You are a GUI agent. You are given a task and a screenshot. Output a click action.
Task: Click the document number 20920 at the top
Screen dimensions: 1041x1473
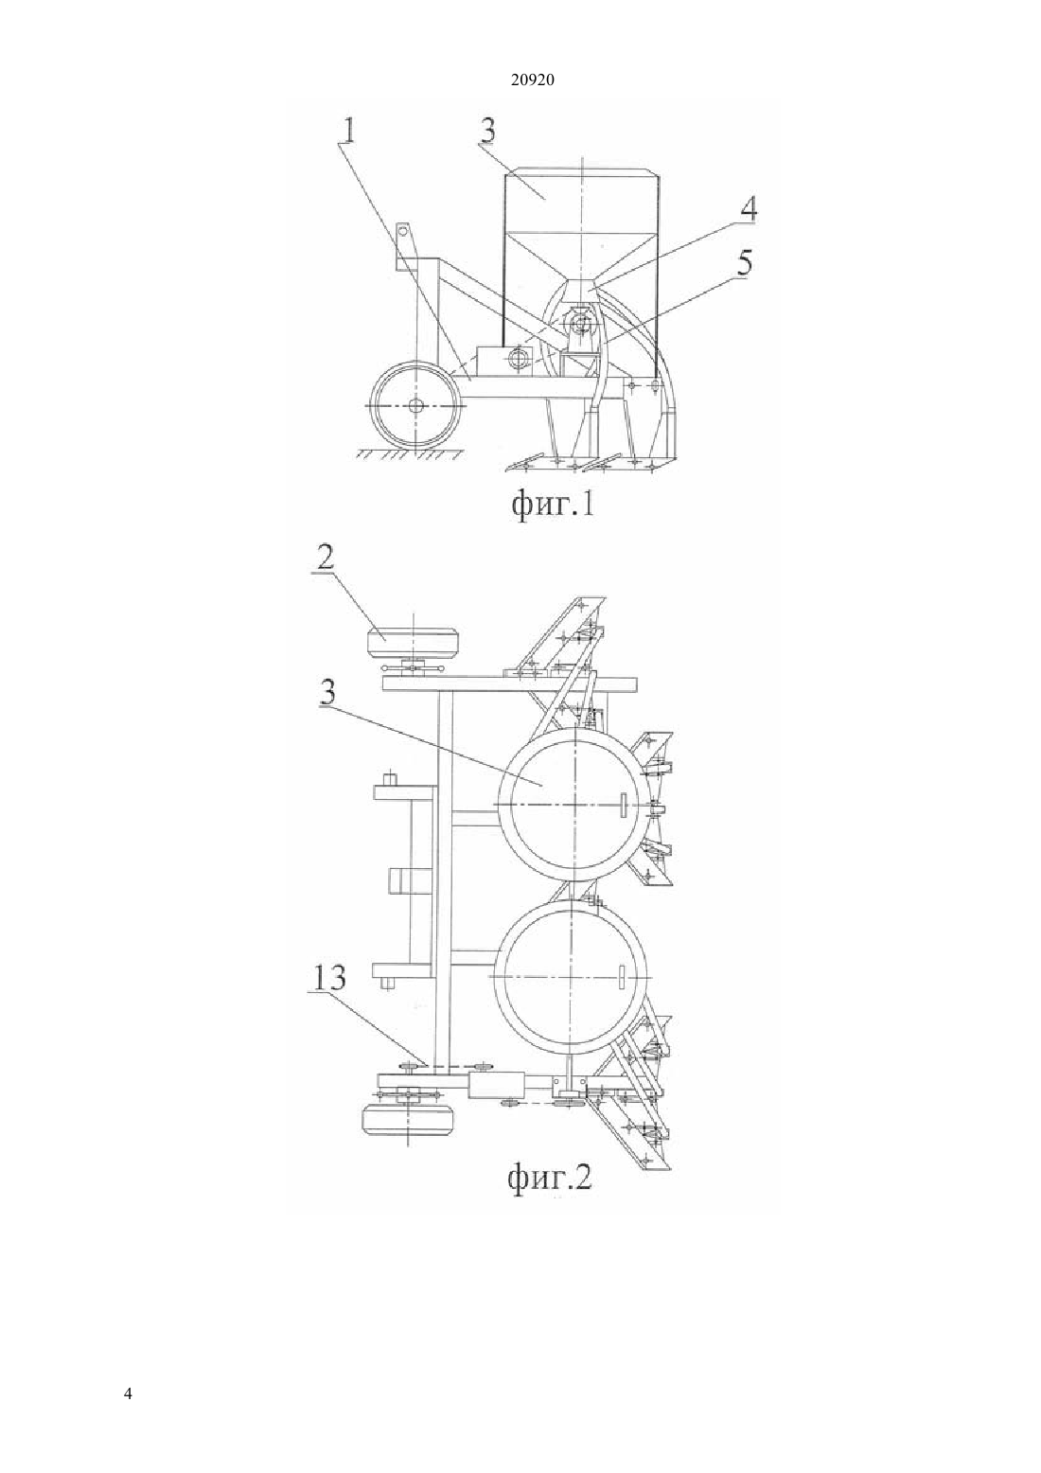[x=532, y=80]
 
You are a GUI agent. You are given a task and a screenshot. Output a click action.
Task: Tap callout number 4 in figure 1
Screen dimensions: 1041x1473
[x=748, y=208]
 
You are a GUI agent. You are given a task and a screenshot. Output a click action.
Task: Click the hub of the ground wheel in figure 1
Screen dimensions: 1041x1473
[x=415, y=406]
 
